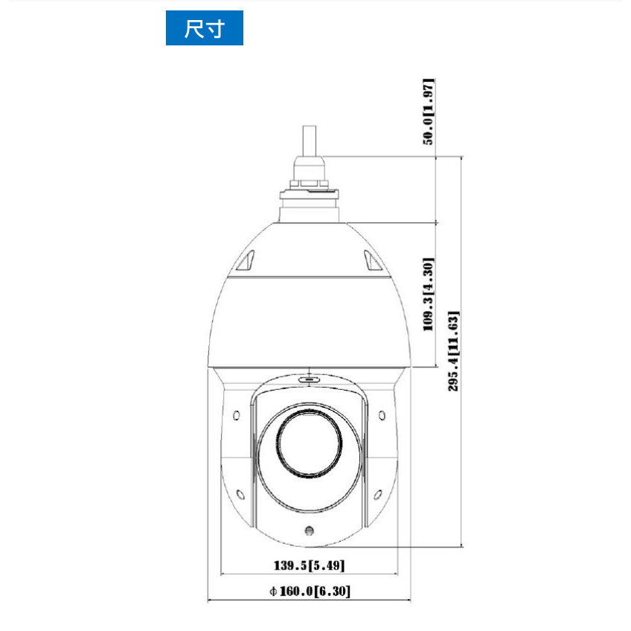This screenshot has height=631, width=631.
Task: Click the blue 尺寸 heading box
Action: pyautogui.click(x=205, y=28)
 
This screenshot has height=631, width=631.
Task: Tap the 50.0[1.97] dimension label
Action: pyautogui.click(x=429, y=112)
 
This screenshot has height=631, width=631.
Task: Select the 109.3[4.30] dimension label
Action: pyautogui.click(x=429, y=295)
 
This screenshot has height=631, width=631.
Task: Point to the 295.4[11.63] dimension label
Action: pyautogui.click(x=454, y=350)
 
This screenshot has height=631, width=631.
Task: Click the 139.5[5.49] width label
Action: pyautogui.click(x=309, y=566)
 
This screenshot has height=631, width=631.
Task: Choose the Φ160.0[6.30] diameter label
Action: pyautogui.click(x=310, y=591)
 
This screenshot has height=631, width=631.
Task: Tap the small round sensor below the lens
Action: pyautogui.click(x=309, y=531)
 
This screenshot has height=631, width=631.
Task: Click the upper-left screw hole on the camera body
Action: pyautogui.click(x=237, y=415)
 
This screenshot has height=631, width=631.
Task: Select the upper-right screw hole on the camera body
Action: pyautogui.click(x=382, y=415)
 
